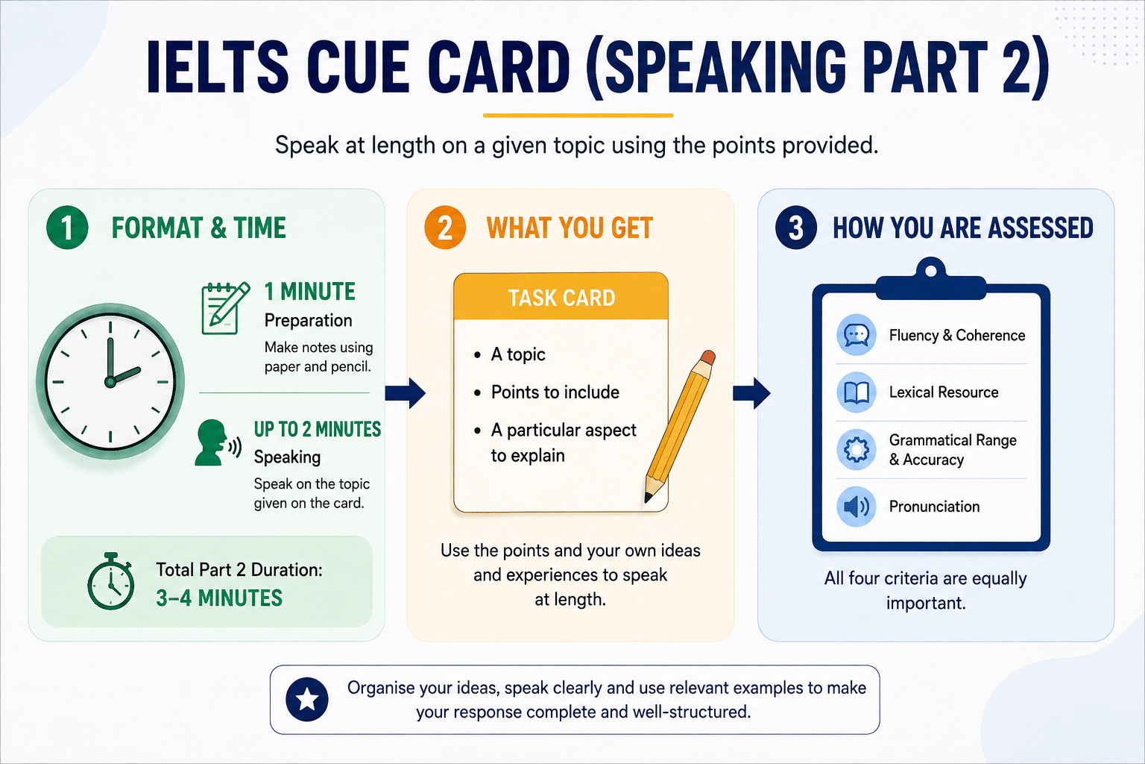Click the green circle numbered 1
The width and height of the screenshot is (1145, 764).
tap(67, 228)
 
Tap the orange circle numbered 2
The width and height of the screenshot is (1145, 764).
tap(445, 228)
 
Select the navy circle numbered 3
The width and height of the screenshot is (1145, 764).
tap(796, 228)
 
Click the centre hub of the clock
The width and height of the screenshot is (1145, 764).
tap(110, 382)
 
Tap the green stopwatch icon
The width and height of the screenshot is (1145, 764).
tap(111, 581)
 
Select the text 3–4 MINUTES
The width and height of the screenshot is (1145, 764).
tap(218, 598)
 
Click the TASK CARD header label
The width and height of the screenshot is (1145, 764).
tap(561, 298)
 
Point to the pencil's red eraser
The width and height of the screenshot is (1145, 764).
tap(707, 357)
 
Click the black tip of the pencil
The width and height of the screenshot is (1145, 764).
tap(648, 498)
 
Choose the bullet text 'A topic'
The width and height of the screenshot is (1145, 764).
tap(518, 354)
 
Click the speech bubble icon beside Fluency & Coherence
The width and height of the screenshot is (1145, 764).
tap(857, 335)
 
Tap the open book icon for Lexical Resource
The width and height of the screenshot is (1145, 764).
tap(857, 392)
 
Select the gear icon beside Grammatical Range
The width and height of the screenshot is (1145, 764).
tap(857, 450)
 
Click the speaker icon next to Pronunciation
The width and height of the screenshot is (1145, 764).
tap(857, 507)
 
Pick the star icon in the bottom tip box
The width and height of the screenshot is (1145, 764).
tap(306, 700)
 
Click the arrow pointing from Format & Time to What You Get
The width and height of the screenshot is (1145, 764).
tap(405, 393)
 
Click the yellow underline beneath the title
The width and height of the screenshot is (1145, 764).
tap(578, 116)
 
